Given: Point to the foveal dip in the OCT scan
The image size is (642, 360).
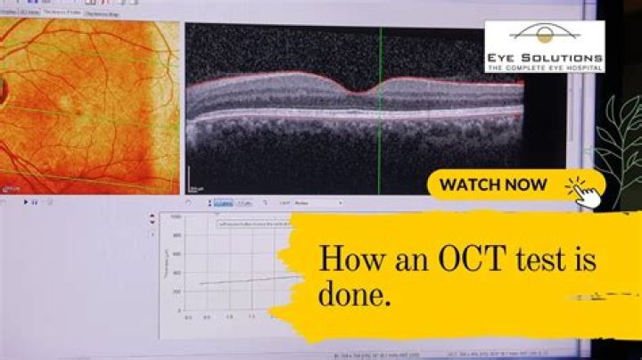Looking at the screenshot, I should (x=358, y=92).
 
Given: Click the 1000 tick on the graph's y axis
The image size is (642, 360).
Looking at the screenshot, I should (x=176, y=217).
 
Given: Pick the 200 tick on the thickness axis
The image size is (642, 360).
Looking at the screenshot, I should (x=177, y=290).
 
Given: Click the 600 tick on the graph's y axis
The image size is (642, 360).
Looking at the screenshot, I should (x=177, y=253).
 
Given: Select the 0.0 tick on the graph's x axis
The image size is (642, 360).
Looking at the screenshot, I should (x=188, y=316).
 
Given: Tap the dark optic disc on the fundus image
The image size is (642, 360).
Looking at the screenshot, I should (x=3, y=89).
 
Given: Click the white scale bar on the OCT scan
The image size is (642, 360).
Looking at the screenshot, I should (x=189, y=186).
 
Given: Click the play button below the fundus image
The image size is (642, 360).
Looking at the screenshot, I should (x=26, y=203).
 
